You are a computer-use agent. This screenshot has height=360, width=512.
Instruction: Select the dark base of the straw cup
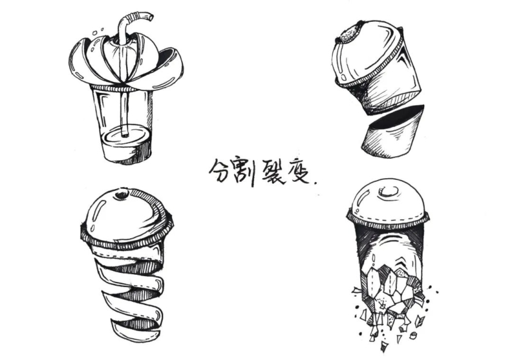[x=125, y=151]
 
